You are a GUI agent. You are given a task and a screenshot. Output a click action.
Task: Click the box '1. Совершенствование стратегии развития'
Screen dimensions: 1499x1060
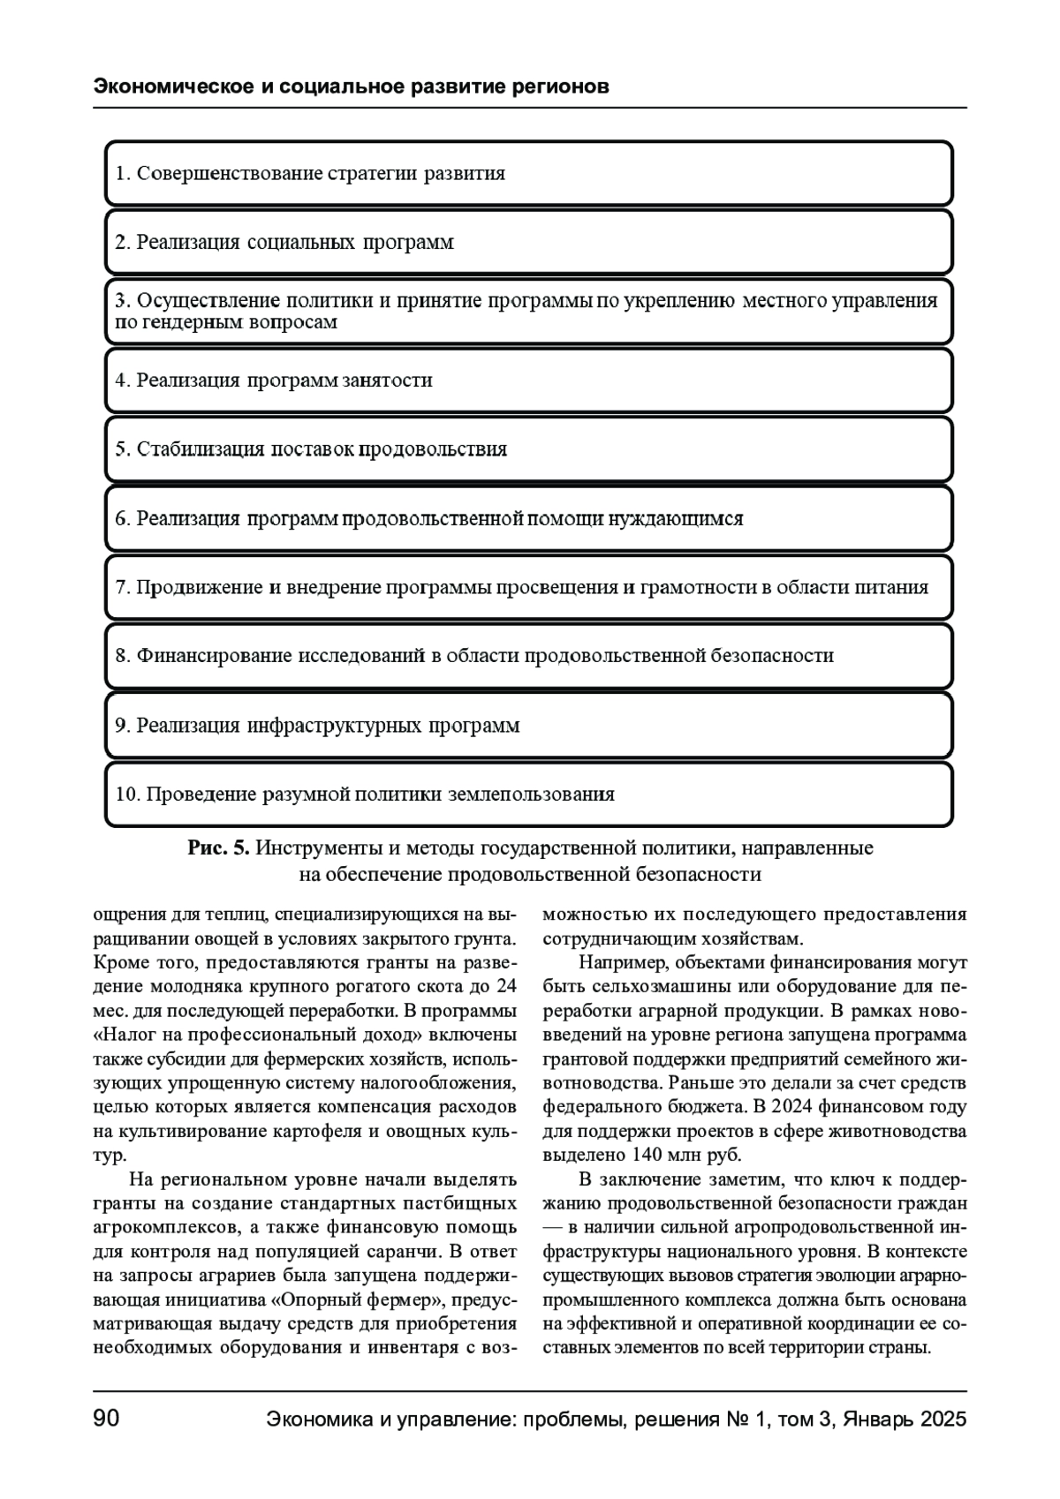pos(528,173)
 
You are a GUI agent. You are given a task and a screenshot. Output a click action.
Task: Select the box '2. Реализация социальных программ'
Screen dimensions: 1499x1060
pos(528,242)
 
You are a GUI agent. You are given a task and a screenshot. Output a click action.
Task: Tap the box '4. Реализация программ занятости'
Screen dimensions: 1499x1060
pos(528,380)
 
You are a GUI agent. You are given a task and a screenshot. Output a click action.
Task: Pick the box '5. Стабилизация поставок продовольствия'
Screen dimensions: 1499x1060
pos(528,449)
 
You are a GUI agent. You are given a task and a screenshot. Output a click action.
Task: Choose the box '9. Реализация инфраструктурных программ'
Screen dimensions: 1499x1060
pos(528,726)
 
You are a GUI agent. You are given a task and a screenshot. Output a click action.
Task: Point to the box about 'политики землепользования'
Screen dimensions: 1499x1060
pos(528,795)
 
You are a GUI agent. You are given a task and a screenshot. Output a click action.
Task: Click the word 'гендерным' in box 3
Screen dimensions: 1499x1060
pos(186,322)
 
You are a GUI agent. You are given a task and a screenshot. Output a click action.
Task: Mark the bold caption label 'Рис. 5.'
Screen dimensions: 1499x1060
pos(219,848)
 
